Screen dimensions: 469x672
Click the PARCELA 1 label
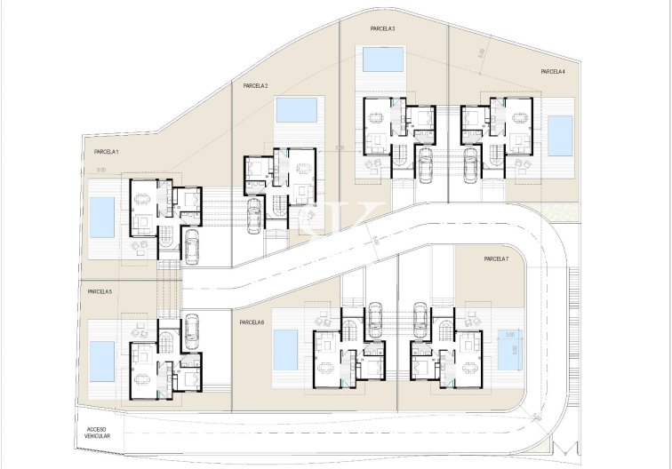(107, 153)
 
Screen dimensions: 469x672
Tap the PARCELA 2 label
(255, 86)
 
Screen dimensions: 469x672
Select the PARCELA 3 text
(382, 29)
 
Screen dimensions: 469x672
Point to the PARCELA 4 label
(553, 71)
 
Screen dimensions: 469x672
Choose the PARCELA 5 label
(100, 291)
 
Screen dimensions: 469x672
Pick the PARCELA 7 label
(496, 258)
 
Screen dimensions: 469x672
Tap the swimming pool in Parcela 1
(102, 218)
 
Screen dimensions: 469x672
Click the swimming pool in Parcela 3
(382, 60)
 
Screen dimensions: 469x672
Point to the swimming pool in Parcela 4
(560, 135)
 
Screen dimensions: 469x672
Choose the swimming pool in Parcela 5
(102, 360)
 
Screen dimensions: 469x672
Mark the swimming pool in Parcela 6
(285, 350)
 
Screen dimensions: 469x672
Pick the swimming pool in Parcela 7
(508, 355)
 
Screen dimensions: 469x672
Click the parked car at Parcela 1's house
(190, 246)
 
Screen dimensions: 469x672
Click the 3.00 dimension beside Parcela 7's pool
(509, 335)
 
